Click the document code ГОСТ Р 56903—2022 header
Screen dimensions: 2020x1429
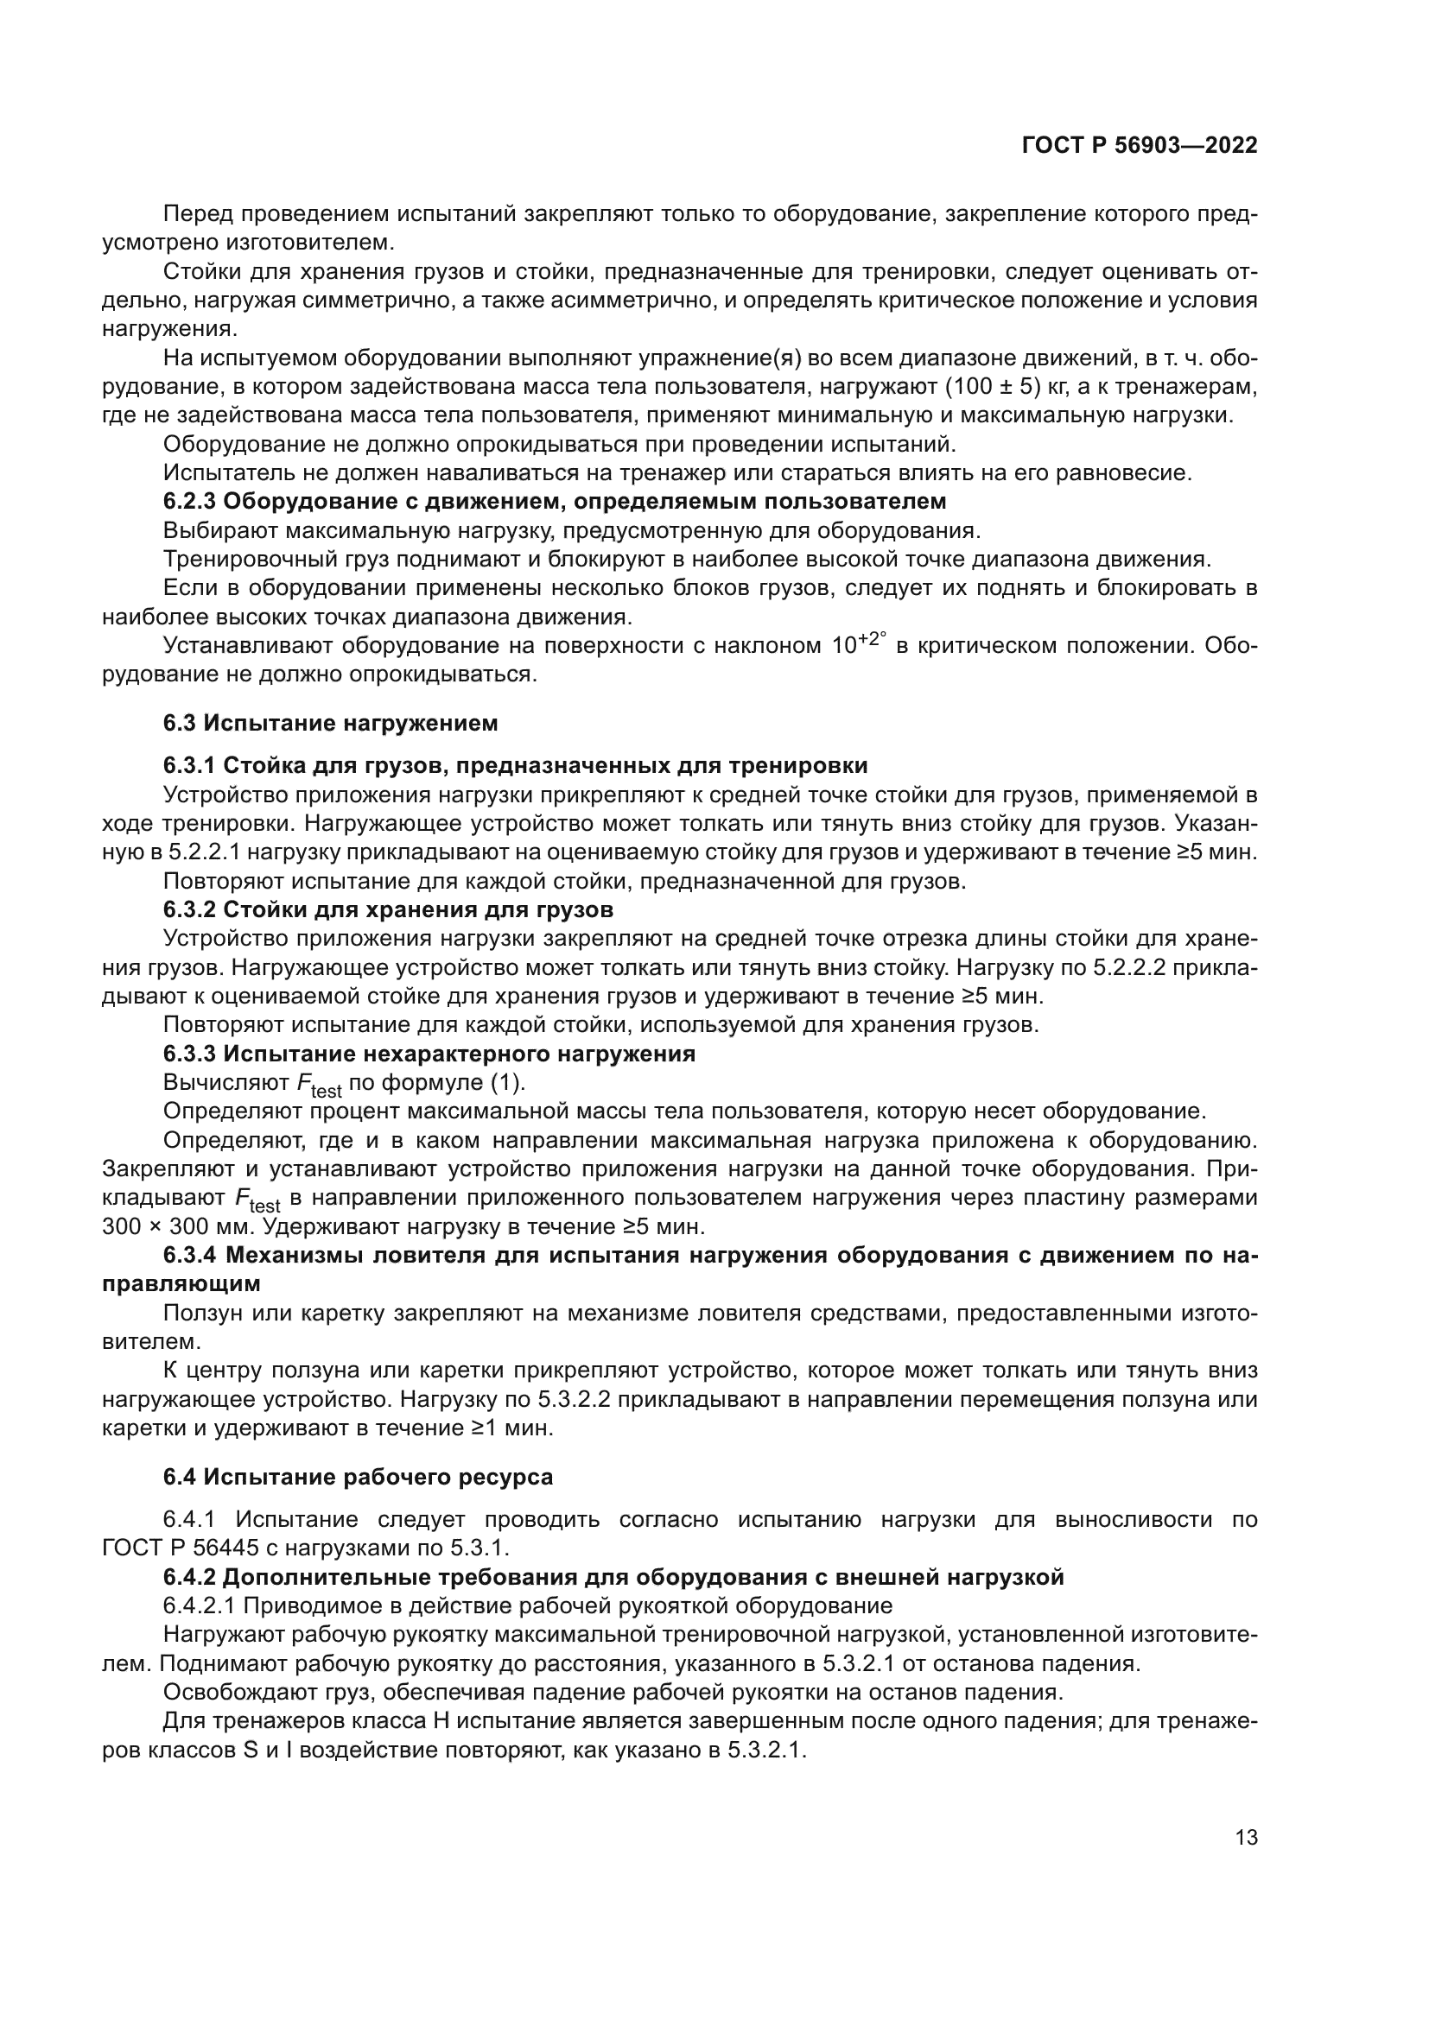[1140, 146]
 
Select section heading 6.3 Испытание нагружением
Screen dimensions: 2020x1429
[330, 723]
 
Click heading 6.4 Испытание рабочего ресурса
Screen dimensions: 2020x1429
[359, 1477]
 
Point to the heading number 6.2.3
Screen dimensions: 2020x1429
[189, 502]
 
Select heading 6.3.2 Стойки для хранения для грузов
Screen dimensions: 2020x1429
[388, 909]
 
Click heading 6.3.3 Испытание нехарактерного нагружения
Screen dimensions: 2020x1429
[429, 1054]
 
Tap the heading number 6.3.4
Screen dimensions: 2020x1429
[189, 1256]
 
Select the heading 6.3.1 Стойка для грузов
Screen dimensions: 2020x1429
[515, 764]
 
